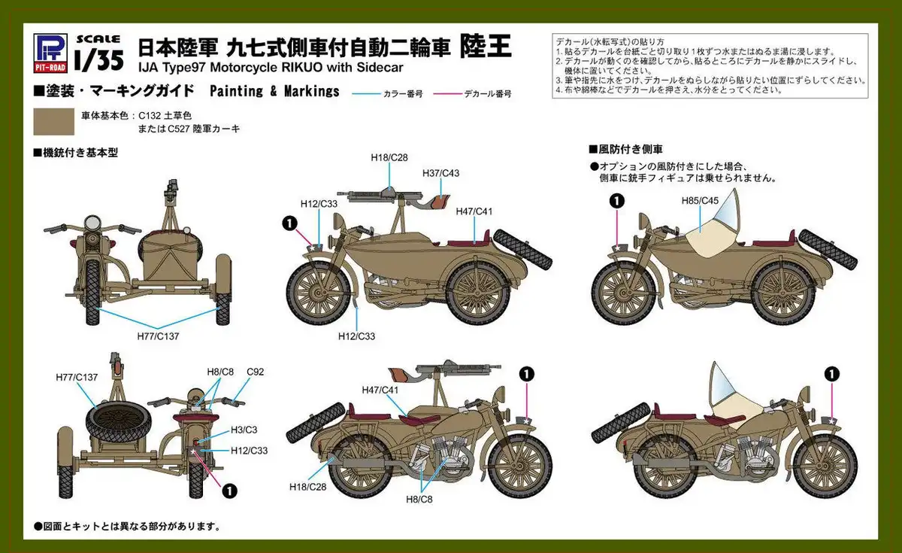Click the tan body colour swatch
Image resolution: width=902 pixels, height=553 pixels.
tap(54, 122)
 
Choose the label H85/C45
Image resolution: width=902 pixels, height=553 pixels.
tap(701, 201)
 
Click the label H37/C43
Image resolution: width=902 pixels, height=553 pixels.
tap(441, 173)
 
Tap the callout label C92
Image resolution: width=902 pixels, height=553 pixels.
tap(255, 372)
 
